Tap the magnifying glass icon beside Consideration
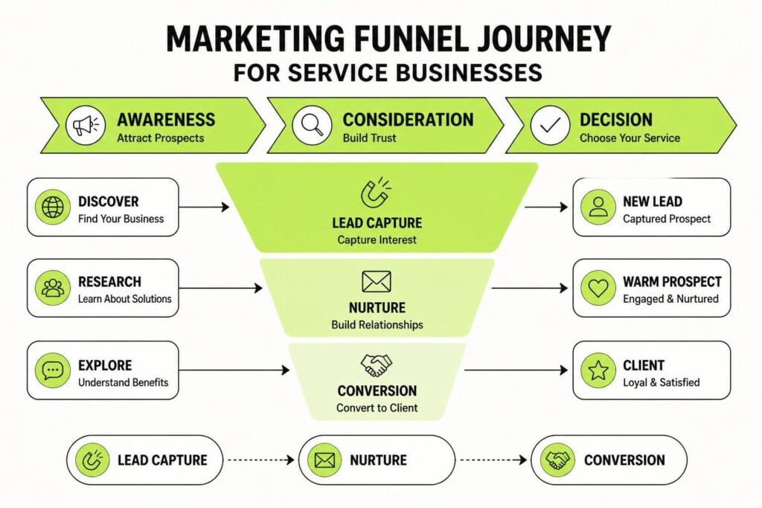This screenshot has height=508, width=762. pos(312,125)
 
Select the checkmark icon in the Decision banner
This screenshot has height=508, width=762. pos(550,125)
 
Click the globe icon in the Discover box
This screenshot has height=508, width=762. pos(53,207)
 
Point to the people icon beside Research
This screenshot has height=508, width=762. pos(53,288)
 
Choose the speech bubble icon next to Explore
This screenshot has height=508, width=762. pos(53,370)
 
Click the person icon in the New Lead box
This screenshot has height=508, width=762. pos(598,207)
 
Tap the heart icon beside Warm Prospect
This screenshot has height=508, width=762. pos(598,288)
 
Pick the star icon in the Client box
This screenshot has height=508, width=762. pos(598,370)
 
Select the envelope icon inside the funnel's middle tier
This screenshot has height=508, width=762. pos(377,282)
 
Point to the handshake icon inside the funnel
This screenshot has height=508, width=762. pos(377,365)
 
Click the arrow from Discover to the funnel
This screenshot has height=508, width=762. pos(204,208)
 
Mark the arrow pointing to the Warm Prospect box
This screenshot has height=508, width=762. pos(530,288)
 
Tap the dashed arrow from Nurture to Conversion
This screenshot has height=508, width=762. pos(494,460)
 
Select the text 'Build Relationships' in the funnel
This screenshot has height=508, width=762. pos(377,324)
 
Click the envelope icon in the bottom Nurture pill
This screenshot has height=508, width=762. pos(324,460)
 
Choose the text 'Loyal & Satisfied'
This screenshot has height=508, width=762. pos(662,382)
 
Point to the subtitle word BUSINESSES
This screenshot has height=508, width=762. pos(469,72)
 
